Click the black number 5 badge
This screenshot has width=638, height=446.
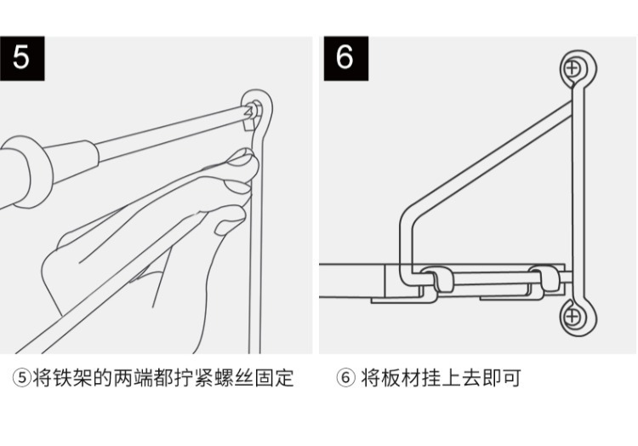coord(20,57)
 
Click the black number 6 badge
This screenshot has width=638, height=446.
coord(345,57)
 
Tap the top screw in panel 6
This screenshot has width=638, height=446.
coord(576,67)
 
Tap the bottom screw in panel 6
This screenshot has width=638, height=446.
coord(575,317)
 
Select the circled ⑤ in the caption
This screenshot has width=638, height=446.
coord(21,378)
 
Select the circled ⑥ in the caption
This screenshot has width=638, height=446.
coord(345,378)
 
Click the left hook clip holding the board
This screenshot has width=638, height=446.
coord(434,282)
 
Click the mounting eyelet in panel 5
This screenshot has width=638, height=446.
coord(257,107)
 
